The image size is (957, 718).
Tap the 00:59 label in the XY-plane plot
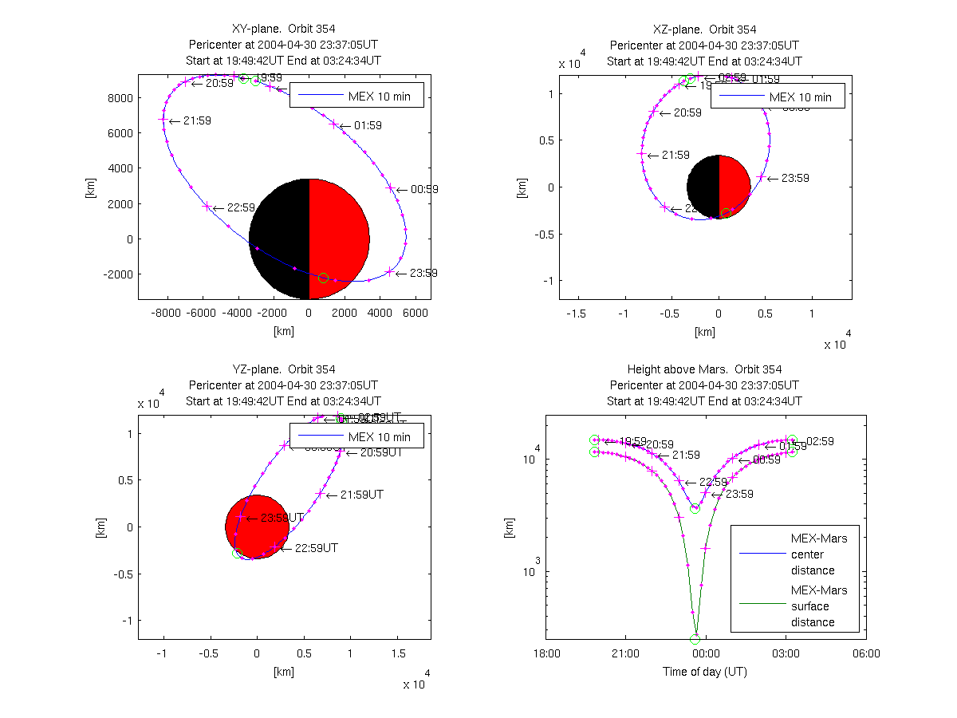423,190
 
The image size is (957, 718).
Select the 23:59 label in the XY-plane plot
423,273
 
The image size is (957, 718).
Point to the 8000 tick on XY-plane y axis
121,98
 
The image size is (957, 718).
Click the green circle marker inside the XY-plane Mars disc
323,278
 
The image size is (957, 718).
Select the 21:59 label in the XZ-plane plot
674,155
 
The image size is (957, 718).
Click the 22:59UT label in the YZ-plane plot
316,548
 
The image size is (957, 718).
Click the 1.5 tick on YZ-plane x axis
396,653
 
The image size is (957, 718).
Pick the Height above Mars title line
704,369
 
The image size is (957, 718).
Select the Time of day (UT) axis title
705,672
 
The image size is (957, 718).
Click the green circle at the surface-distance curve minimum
695,639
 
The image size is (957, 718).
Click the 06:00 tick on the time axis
865,653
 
